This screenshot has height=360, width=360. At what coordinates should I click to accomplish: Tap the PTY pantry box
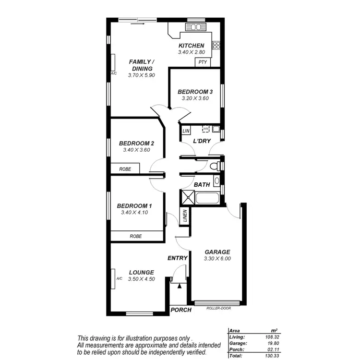pyautogui.click(x=202, y=62)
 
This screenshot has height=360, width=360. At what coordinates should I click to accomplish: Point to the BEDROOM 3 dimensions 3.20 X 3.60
pyautogui.click(x=194, y=98)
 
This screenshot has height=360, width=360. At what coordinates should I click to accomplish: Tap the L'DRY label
pyautogui.click(x=202, y=142)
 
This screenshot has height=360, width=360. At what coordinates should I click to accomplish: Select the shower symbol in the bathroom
pyautogui.click(x=187, y=197)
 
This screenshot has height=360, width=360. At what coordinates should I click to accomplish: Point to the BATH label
pyautogui.click(x=201, y=184)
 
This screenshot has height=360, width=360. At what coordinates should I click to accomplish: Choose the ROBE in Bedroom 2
pyautogui.click(x=125, y=168)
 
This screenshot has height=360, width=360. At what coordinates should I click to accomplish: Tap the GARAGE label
pyautogui.click(x=217, y=252)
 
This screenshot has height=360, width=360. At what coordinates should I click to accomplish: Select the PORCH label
pyautogui.click(x=181, y=310)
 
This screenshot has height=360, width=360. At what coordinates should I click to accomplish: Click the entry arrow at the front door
pyautogui.click(x=180, y=286)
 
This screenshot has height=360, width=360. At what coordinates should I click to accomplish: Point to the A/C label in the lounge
pyautogui.click(x=118, y=278)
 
